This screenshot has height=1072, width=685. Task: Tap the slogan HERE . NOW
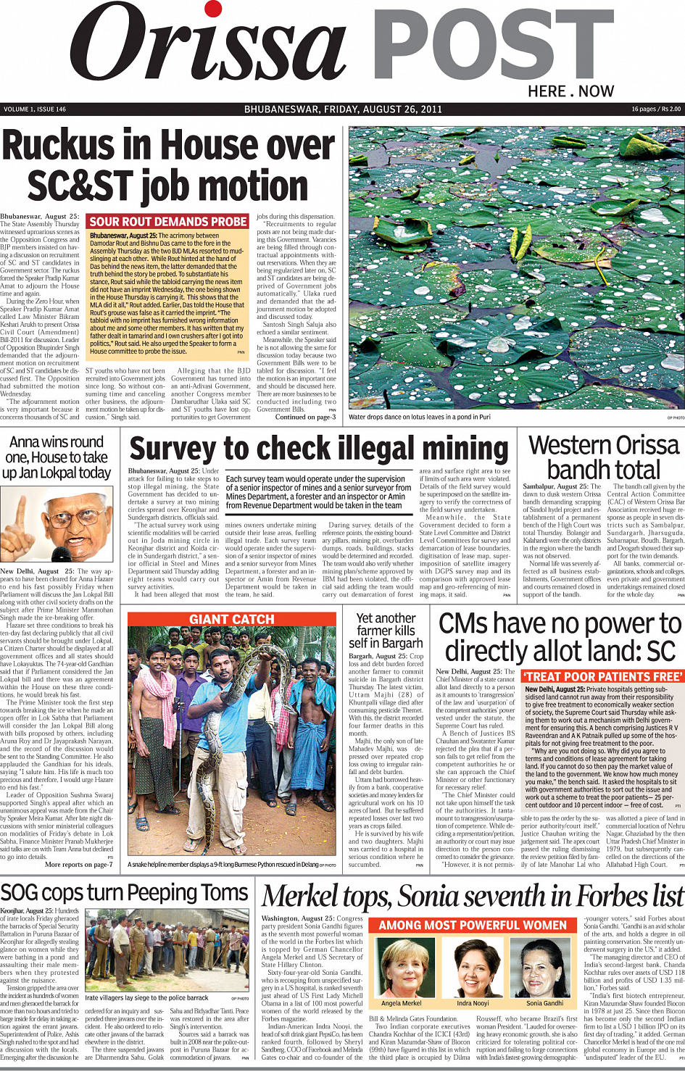click(570, 91)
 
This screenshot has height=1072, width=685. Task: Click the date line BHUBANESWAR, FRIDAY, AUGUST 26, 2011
click(343, 109)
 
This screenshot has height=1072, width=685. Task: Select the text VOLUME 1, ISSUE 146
click(35, 109)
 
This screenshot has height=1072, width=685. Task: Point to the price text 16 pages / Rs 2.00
click(655, 109)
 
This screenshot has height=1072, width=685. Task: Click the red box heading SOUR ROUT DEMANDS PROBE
click(168, 222)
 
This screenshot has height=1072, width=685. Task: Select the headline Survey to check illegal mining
click(319, 449)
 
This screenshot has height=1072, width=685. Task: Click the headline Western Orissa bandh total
click(603, 457)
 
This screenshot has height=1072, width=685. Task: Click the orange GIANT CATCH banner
click(232, 619)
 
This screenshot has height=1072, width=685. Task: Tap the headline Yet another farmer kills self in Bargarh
click(386, 631)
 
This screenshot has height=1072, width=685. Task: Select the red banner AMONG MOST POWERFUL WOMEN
click(473, 926)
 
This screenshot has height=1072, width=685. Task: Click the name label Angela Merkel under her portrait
click(401, 1003)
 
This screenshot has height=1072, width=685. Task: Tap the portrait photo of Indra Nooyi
click(473, 967)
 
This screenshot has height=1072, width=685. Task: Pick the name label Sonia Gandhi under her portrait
click(544, 1003)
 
